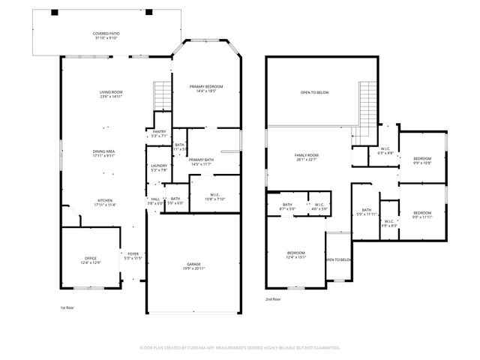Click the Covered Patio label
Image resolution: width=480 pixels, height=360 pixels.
pyautogui.click(x=106, y=34)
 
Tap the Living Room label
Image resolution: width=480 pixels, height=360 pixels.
pyautogui.click(x=110, y=92)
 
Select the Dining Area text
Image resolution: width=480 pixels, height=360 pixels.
pyautogui.click(x=103, y=151)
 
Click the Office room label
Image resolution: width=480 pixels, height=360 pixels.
pyautogui.click(x=90, y=257)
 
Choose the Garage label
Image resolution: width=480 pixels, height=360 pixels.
pyautogui.click(x=194, y=264)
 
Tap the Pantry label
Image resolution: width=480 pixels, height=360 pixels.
pyautogui.click(x=159, y=131)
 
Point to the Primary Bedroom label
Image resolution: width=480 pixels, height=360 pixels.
pyautogui.click(x=205, y=87)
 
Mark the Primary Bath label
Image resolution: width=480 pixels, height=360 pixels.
pyautogui.click(x=201, y=160)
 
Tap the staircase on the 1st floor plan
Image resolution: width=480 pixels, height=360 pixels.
pyautogui.click(x=162, y=96)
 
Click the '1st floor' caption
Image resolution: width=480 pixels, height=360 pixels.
pyautogui.click(x=67, y=307)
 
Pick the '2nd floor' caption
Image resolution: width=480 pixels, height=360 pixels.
pyautogui.click(x=273, y=299)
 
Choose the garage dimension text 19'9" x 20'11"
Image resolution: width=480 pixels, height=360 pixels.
pyautogui.click(x=194, y=268)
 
